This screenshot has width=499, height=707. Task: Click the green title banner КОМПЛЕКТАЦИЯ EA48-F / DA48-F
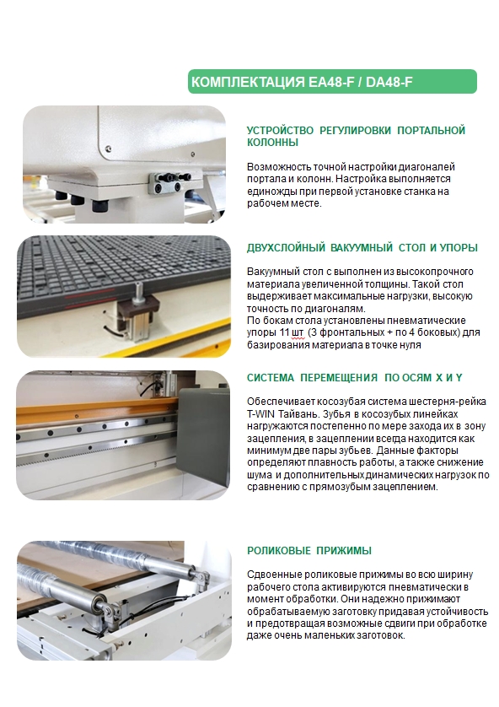coord(332,82)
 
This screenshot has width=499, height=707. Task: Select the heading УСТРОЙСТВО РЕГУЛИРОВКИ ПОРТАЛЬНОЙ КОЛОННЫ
coord(356,136)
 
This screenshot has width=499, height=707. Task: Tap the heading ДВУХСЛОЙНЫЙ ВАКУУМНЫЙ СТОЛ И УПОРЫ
coord(362,247)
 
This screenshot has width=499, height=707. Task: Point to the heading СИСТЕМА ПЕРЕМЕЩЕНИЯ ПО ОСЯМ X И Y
coord(354,378)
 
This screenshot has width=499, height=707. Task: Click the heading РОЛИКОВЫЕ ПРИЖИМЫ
coord(309,551)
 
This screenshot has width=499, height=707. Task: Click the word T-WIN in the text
coord(260,414)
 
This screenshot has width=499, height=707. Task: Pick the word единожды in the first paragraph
coord(267,192)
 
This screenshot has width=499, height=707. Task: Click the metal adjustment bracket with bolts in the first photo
coord(170,182)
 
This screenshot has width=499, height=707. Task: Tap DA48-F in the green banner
coord(389,82)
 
